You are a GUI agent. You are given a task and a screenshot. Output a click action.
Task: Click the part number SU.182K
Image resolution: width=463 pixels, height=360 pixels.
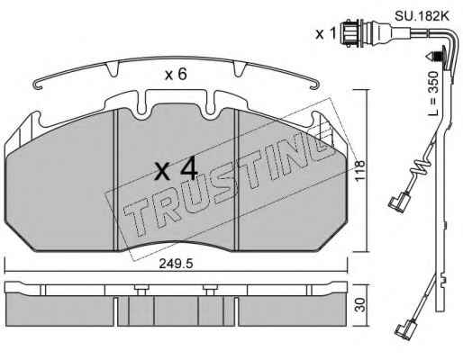pyautogui.click(x=422, y=16)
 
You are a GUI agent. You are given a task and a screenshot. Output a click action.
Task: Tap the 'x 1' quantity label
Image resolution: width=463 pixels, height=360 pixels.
pyautogui.click(x=325, y=34)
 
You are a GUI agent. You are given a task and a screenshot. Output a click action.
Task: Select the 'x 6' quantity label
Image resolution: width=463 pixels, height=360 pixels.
pyautogui.click(x=176, y=74)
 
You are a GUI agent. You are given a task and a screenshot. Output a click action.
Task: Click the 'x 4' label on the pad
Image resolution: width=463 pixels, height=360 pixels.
pyautogui.click(x=176, y=169)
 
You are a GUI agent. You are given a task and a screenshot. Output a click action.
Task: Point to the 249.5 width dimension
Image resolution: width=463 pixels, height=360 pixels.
pyautogui.click(x=176, y=264)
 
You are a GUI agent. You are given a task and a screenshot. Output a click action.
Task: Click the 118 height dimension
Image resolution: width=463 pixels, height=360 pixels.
pyautogui.click(x=359, y=170)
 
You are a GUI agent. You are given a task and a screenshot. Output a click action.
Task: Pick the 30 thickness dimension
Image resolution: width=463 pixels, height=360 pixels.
pyautogui.click(x=361, y=305)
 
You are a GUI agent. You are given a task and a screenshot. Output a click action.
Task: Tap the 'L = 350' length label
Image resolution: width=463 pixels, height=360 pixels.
pyautogui.click(x=432, y=94)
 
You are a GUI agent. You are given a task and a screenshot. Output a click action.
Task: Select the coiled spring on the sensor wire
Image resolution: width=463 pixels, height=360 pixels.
pyautogui.click(x=421, y=168)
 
